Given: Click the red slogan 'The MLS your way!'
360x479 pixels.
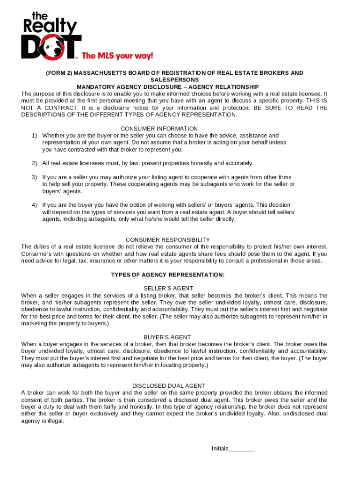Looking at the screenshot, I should pos(117,56).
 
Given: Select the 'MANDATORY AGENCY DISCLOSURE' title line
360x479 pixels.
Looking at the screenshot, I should pos(167,87).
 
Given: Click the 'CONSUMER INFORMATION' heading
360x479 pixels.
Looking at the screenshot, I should pos(159,129).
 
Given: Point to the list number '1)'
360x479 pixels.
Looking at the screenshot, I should pos(35,136).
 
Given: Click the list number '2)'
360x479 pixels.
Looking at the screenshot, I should pos(35,163).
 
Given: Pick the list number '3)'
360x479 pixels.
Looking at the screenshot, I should pos(35,177).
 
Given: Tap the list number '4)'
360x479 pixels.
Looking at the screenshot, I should pos(35,205).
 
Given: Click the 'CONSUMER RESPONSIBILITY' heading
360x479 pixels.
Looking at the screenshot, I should pos(168,239).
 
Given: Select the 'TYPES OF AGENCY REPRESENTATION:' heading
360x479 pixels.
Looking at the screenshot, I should pos(167,275).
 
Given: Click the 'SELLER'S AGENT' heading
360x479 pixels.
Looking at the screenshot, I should pos(168,288).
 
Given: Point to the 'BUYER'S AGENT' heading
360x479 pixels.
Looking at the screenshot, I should pos(167,337).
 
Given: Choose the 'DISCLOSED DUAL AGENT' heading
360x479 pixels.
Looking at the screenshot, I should pos(168,386).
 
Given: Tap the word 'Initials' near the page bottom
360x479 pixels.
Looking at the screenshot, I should pos(220,449).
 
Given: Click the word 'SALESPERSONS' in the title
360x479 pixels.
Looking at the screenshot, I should pos(167,80).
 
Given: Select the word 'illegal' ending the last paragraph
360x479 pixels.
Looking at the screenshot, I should pos(53,421).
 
